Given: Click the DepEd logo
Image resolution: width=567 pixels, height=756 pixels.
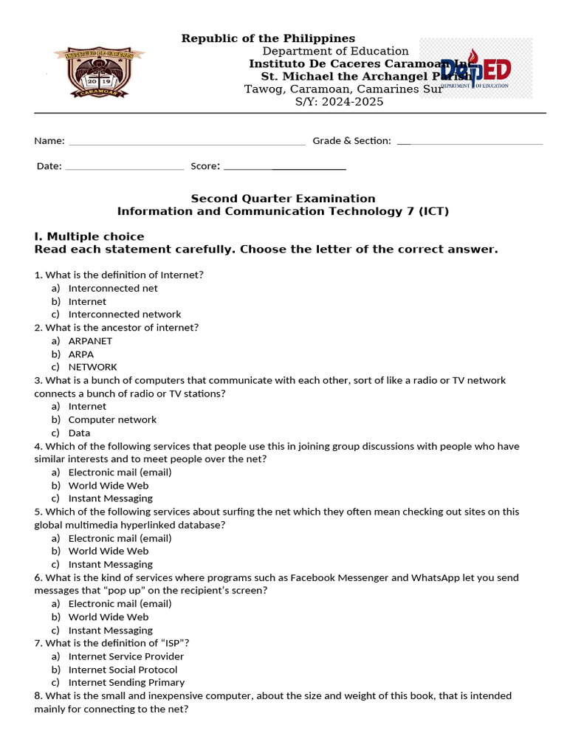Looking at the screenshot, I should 475,69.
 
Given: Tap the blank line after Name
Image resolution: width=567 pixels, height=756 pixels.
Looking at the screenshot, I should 186,141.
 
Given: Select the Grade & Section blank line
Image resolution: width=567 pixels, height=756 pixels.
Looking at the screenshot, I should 470,141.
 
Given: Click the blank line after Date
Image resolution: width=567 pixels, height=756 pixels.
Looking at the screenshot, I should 124,167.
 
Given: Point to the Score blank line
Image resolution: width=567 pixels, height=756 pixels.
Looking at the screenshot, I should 284,167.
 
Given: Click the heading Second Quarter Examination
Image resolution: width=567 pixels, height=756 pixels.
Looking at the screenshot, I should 283,199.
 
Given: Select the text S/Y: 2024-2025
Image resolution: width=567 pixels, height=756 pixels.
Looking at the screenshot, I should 339,102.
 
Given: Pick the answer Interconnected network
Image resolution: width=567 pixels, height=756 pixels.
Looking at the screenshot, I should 124,315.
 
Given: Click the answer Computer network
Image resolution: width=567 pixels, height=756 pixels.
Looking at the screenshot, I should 112,419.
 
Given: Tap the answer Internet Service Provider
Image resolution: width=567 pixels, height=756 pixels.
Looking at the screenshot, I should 126,656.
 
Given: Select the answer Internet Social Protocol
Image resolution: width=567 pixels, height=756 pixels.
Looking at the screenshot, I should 123,670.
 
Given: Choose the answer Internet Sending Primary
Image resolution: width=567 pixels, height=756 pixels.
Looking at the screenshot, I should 126,683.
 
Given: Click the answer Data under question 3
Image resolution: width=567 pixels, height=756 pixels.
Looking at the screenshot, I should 79,433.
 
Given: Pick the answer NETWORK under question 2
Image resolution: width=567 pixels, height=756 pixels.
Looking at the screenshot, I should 92,367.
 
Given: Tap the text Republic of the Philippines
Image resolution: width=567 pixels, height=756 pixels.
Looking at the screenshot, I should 268,38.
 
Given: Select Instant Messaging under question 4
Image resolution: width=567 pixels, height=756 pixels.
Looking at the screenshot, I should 110,498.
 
